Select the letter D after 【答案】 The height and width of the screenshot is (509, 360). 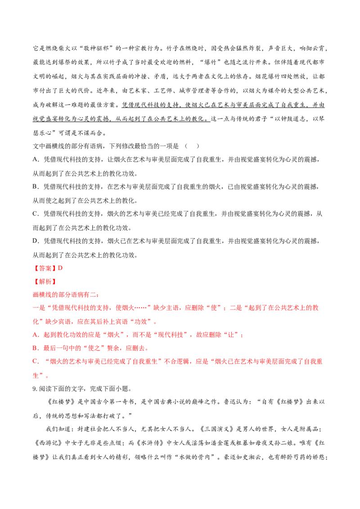point(60,268)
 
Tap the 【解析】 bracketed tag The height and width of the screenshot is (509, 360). point(45,282)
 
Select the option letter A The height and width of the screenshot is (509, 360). point(35,335)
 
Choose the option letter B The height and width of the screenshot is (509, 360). point(35,348)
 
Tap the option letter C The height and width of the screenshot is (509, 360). point(35,362)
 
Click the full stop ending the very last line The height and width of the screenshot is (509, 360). point(47,378)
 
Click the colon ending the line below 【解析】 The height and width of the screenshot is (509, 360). point(97,295)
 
